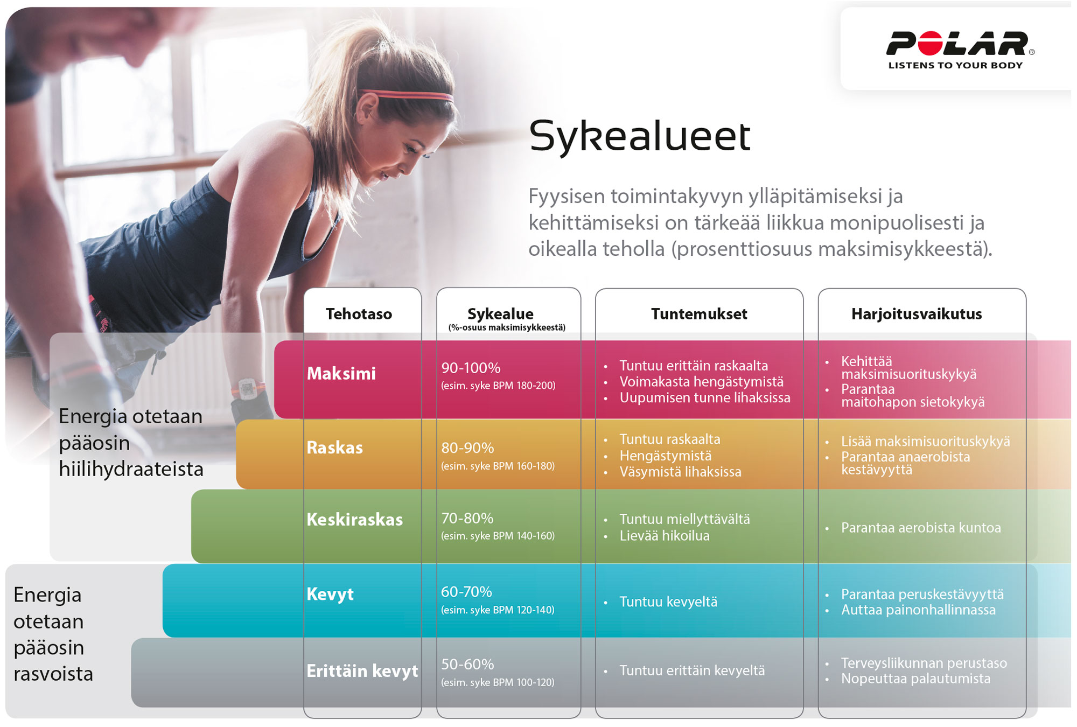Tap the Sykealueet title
point(640,136)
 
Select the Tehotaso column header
point(359,314)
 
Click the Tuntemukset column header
point(699,314)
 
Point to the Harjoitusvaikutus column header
point(917,314)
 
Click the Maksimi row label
point(341,373)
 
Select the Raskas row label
point(334,448)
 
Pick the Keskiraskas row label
point(354,520)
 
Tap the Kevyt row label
point(330,594)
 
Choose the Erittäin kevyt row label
point(362,671)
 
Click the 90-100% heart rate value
point(471,368)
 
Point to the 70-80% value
point(467,518)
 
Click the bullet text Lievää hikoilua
point(665,536)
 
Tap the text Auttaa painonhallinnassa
point(918,610)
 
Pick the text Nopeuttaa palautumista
point(915,679)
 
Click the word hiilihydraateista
point(131,469)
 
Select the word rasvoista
point(53,674)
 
